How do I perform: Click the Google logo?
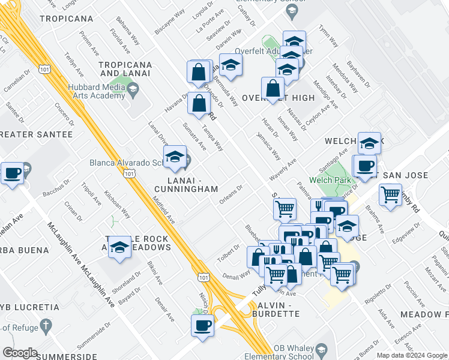[20, 353]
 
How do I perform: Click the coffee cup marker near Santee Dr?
[12, 174]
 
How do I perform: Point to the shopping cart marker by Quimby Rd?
[391, 194]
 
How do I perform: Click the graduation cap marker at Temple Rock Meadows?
[120, 247]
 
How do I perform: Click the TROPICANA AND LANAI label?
[127, 68]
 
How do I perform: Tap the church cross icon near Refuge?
[45, 326]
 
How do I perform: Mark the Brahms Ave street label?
[380, 221]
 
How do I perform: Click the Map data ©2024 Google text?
[412, 355]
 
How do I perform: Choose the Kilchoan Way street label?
[117, 205]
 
